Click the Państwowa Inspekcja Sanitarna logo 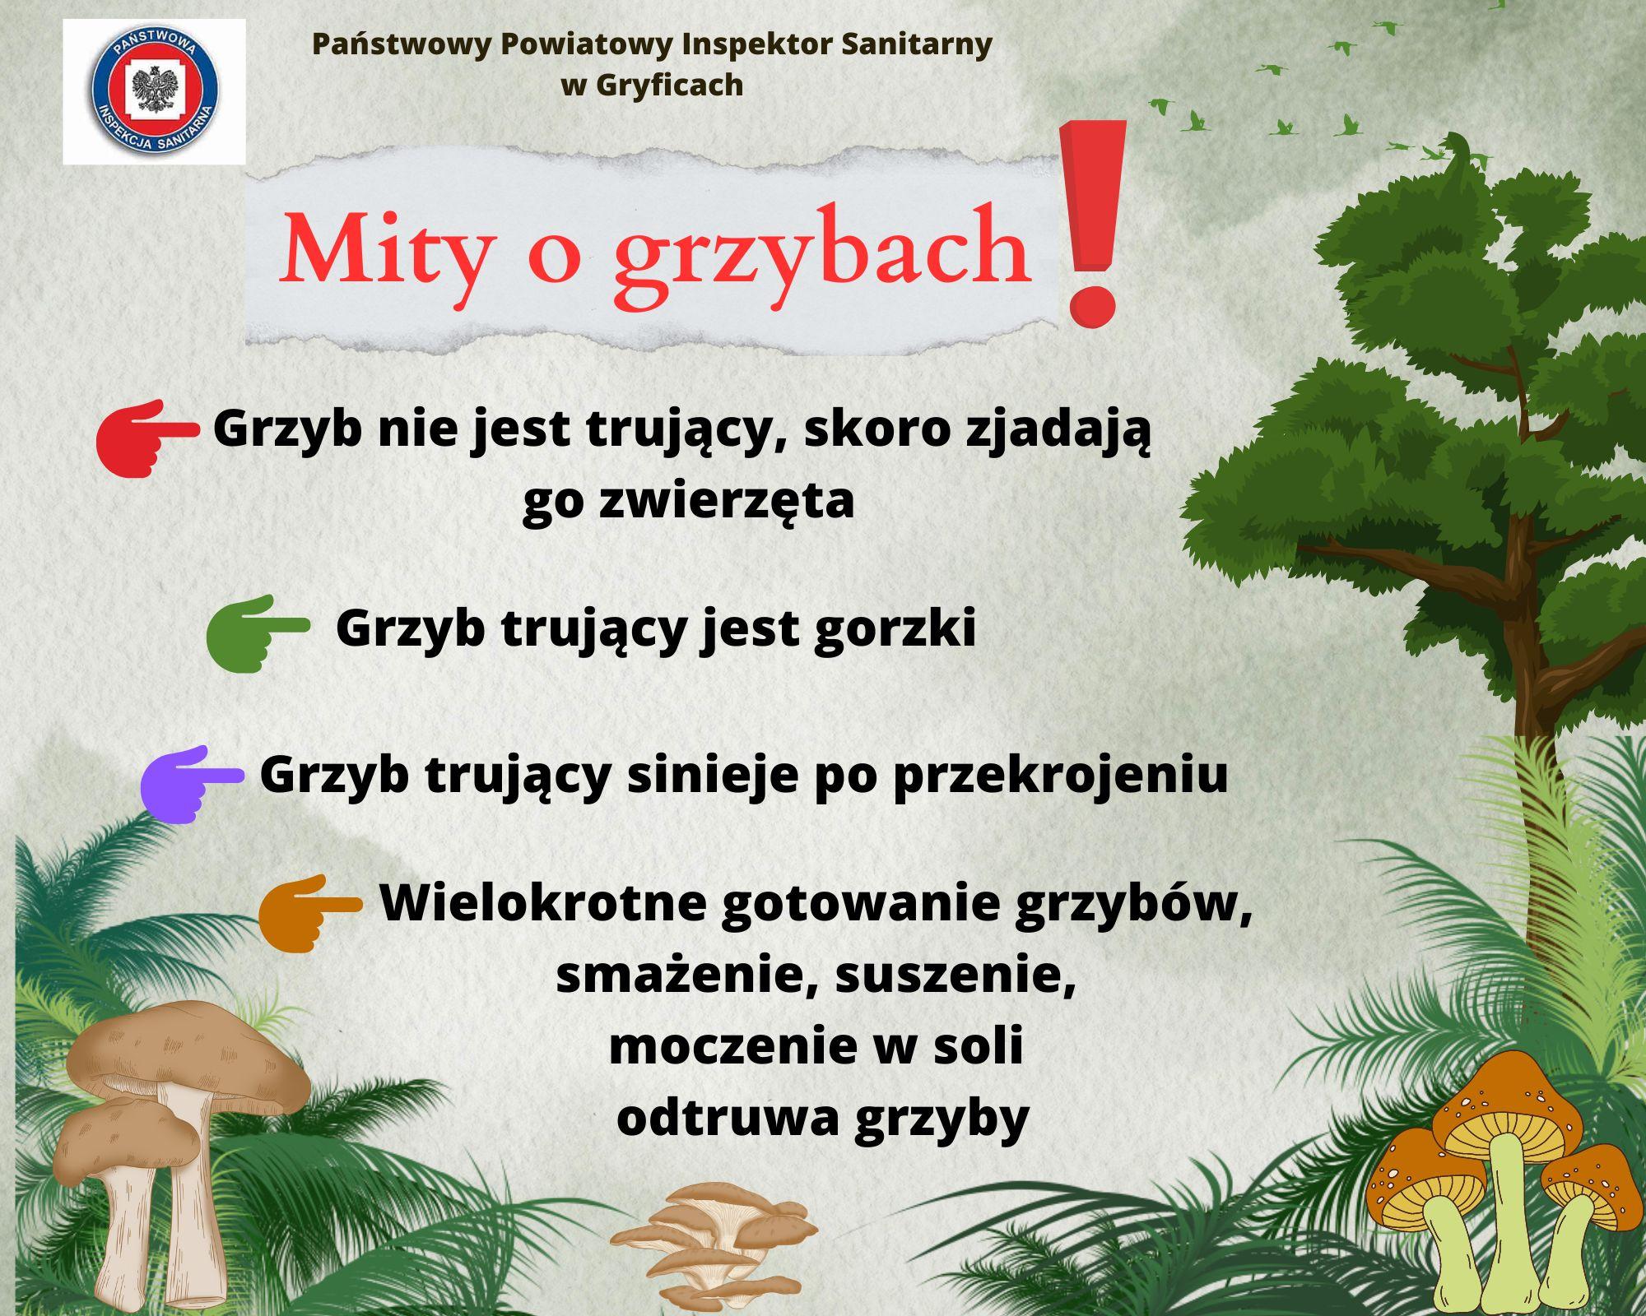click(155, 91)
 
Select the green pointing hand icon click(258, 633)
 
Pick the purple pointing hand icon click(192, 784)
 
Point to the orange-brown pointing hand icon click(310, 913)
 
